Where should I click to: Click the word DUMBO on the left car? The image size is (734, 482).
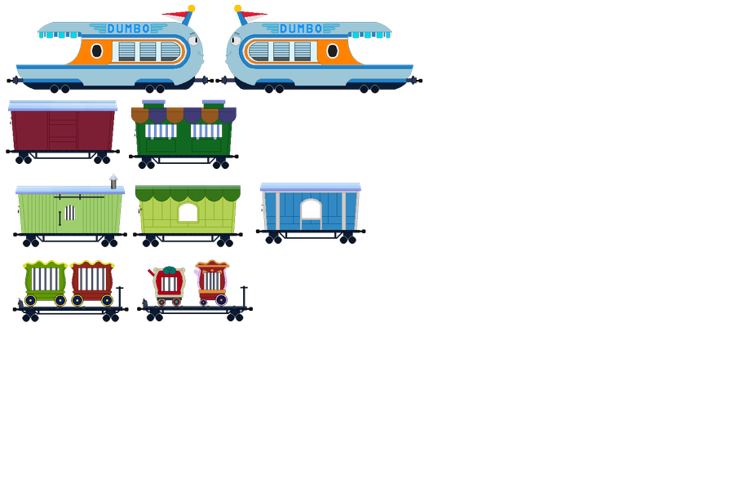point(128,29)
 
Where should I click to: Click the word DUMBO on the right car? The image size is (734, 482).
point(301,29)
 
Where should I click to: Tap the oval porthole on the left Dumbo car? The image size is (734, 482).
point(96,51)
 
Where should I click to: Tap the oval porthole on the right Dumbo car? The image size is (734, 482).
point(332,51)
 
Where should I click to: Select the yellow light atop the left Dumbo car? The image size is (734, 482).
point(191,8)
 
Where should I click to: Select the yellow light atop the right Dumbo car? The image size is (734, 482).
point(238,8)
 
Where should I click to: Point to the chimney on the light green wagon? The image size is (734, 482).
point(113,179)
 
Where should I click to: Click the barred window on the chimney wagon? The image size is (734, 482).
point(69,213)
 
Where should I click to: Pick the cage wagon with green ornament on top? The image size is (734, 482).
point(169,282)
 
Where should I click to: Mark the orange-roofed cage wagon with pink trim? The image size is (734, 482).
point(212,279)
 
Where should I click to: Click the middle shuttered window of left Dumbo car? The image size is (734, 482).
point(148,51)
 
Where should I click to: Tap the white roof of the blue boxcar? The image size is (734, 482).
point(310,186)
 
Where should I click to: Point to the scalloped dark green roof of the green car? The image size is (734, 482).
point(188,193)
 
